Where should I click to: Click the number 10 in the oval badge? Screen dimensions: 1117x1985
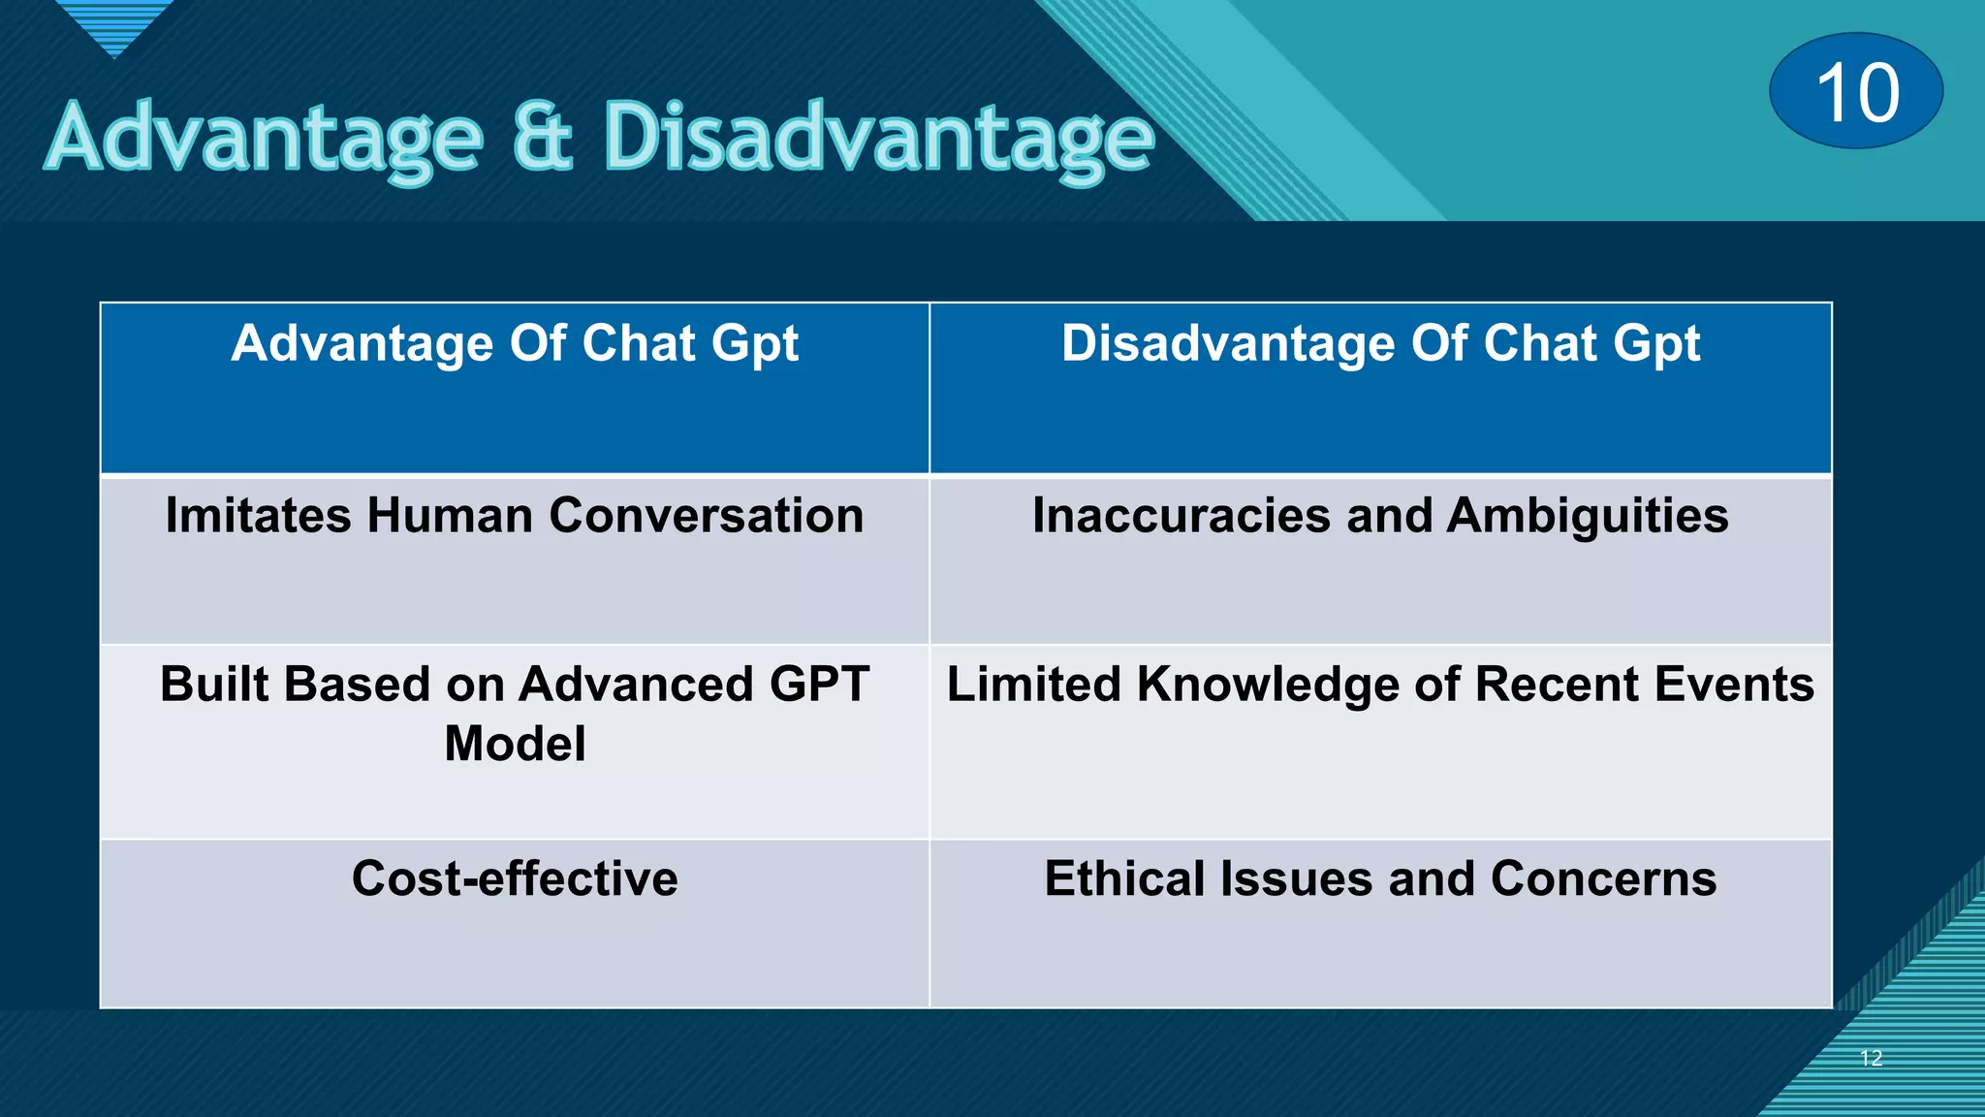pos(1856,93)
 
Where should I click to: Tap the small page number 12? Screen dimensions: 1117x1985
pos(1871,1058)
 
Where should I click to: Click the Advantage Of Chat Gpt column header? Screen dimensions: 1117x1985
pos(515,344)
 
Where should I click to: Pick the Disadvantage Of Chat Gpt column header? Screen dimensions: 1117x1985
pos(1380,344)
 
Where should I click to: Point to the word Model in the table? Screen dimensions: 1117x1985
pos(515,745)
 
